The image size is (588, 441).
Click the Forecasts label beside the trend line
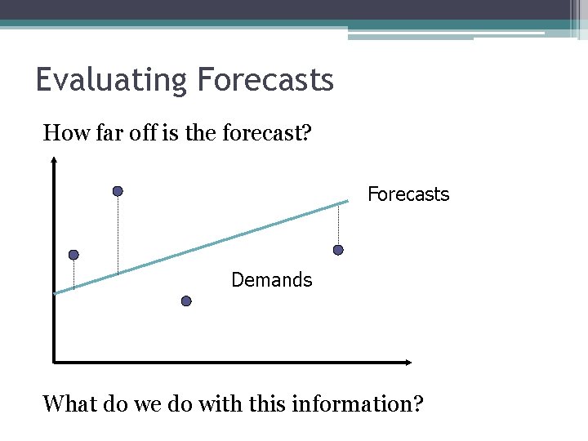point(408,194)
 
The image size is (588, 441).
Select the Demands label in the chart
point(271,280)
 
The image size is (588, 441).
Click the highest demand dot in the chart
point(118,191)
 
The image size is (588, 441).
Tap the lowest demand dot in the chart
point(186,301)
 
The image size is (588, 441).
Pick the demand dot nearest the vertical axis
point(73,255)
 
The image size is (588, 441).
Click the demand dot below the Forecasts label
point(338,250)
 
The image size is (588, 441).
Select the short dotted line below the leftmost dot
point(73,274)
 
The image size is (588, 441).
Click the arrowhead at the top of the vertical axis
point(53,161)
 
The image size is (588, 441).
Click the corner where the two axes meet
point(53,362)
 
